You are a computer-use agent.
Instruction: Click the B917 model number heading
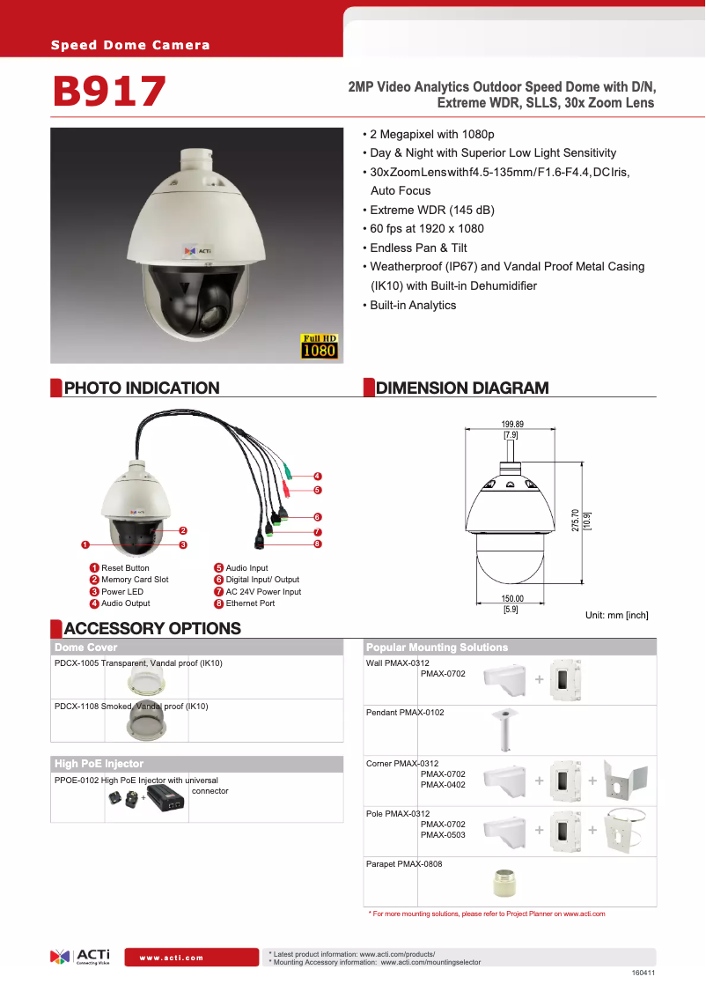[109, 92]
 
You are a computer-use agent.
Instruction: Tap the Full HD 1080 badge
[320, 346]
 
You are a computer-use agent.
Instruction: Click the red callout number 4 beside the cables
[317, 477]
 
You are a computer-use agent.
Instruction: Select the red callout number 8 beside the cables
[317, 544]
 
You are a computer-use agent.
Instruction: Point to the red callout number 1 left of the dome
[85, 544]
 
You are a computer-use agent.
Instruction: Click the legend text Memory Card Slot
[135, 580]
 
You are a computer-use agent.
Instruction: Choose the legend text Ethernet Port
[250, 603]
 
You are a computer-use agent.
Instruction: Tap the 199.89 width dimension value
[511, 424]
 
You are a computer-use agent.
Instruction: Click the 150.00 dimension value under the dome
[511, 598]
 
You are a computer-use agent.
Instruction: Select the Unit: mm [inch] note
[616, 615]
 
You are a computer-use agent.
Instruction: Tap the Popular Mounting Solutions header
[437, 647]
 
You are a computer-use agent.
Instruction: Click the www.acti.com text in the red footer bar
[172, 958]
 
